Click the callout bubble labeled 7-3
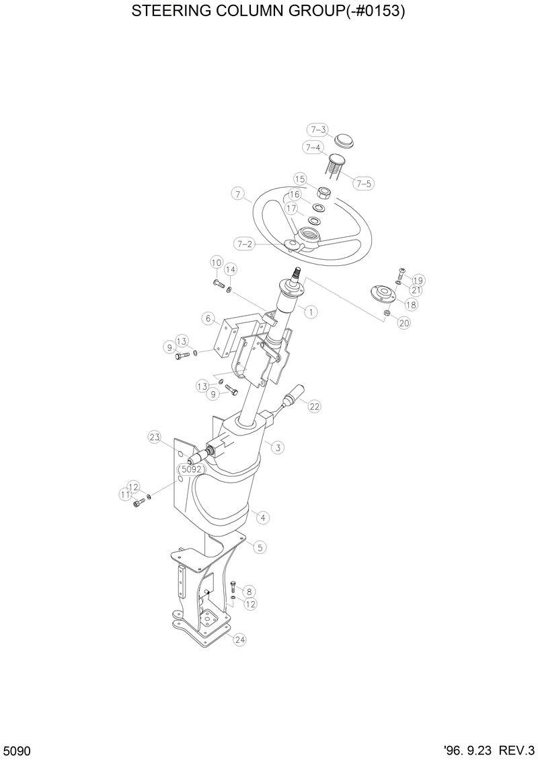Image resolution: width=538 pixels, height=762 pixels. click(318, 130)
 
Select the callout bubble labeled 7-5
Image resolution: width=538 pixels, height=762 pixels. click(363, 183)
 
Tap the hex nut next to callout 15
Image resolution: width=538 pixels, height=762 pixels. click(322, 192)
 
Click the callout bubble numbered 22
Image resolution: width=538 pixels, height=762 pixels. click(315, 406)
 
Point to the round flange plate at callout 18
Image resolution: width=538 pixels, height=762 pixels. click(381, 293)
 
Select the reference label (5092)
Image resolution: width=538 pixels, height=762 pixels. click(191, 469)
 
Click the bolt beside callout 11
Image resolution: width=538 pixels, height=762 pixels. click(140, 502)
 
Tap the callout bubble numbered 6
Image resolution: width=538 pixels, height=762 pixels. click(209, 318)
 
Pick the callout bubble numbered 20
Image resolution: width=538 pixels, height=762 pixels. click(403, 323)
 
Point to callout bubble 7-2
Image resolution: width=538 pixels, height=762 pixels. click(244, 244)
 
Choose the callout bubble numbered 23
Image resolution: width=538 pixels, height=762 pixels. click(155, 438)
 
